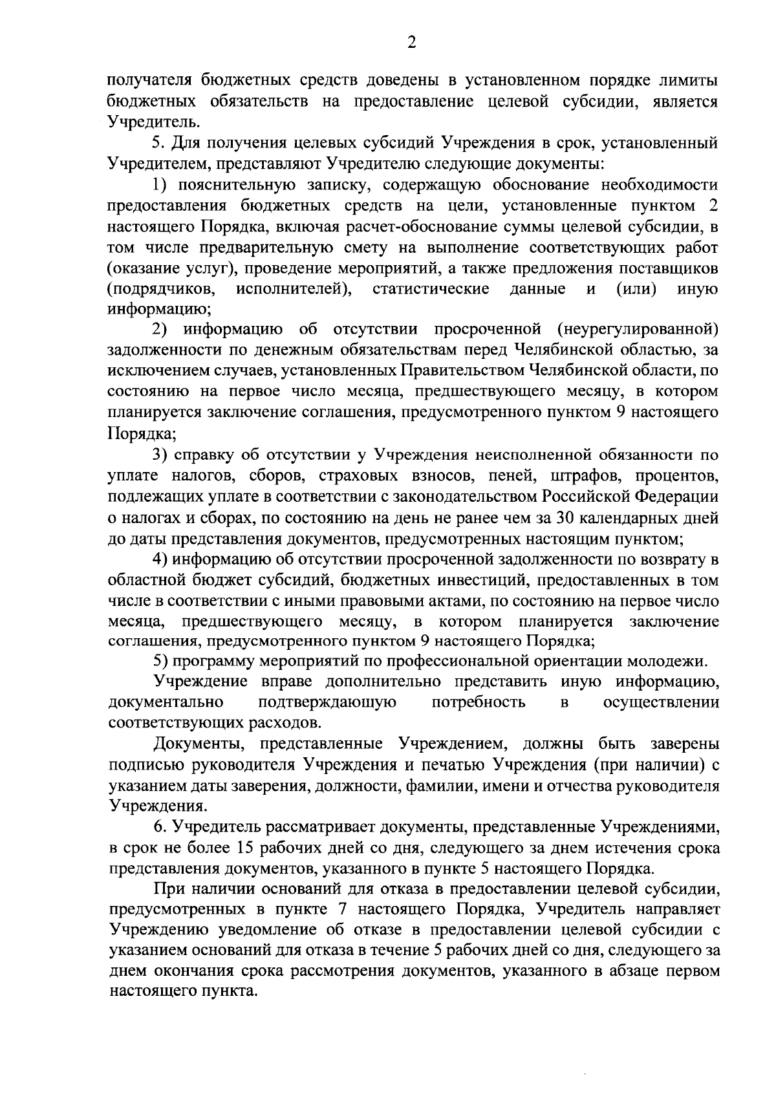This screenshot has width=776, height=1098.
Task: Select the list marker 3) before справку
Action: click(x=161, y=455)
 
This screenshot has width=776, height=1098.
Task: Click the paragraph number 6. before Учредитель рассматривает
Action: click(x=159, y=826)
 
